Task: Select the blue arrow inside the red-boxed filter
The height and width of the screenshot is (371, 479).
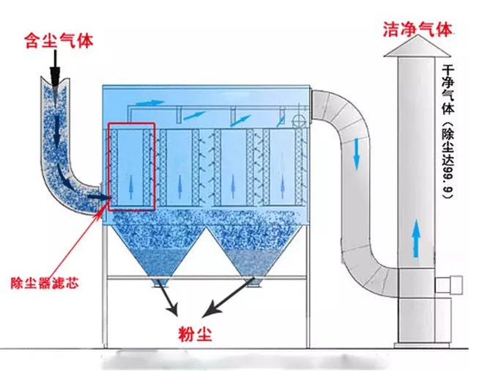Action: click(132, 180)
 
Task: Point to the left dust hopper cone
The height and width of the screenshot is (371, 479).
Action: click(158, 249)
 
